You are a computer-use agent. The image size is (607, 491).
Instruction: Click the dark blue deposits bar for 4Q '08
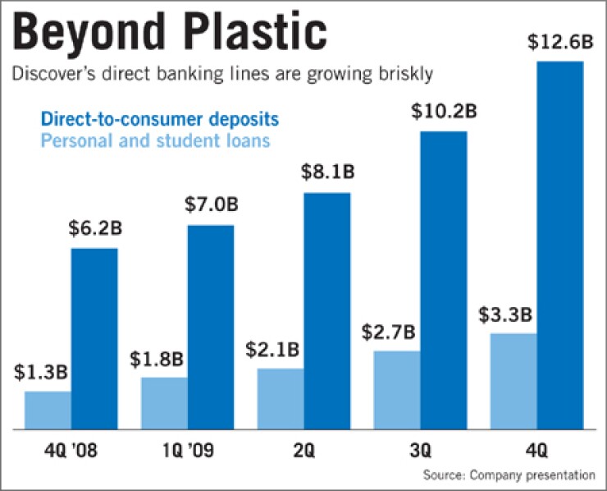[94, 338]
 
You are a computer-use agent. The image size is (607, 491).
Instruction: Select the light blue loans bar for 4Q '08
[48, 410]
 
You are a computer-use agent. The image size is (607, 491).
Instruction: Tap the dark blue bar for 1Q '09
[210, 327]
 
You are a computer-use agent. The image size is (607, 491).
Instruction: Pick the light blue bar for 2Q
[281, 398]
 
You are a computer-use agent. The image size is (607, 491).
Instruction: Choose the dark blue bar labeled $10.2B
[443, 280]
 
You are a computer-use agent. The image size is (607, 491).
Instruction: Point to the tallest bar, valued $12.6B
[559, 245]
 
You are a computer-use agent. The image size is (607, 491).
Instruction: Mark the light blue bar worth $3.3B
[513, 381]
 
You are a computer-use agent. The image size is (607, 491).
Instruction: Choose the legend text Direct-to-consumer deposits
[177, 119]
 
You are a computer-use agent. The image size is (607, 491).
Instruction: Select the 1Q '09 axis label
[186, 451]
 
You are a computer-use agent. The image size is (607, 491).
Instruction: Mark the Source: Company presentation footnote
[509, 475]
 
